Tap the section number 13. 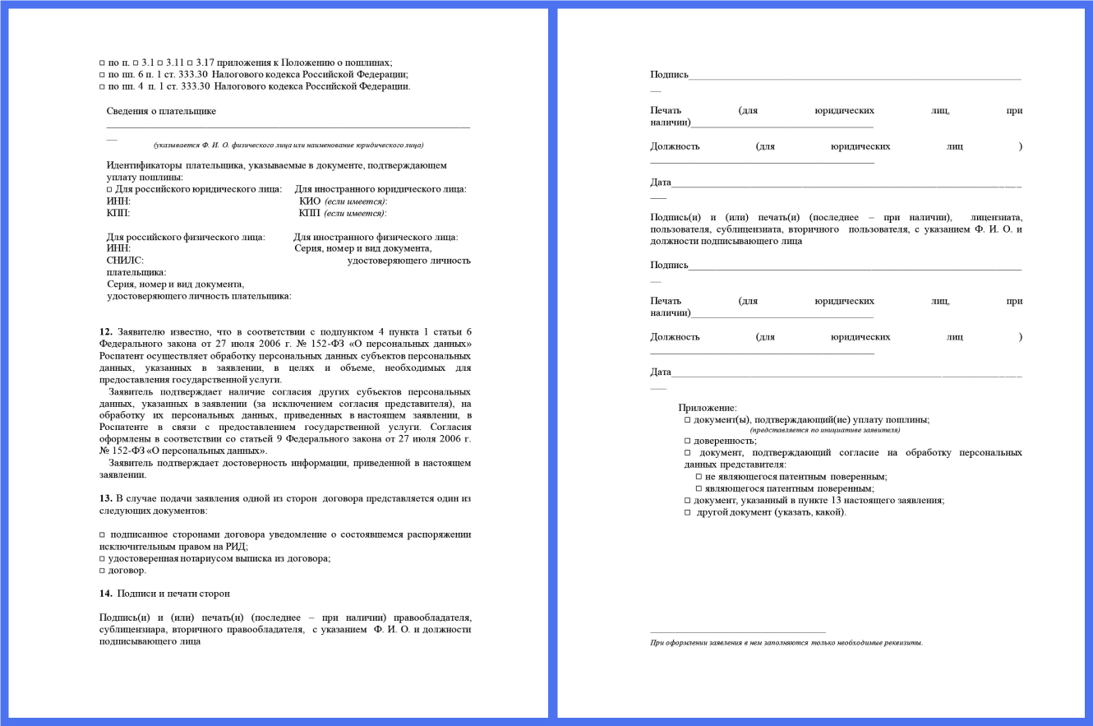(x=105, y=498)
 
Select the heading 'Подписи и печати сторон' (x=173, y=593)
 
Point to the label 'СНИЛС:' (x=125, y=260)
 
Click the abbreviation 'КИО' (x=309, y=201)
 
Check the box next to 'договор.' (x=102, y=571)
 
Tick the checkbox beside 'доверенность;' (x=687, y=441)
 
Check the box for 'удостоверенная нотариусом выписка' (x=102, y=559)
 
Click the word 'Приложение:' (x=707, y=408)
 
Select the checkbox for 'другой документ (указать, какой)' (x=687, y=512)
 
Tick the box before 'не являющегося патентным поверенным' (x=699, y=476)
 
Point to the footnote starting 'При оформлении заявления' (x=786, y=642)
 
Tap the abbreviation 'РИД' (x=236, y=546)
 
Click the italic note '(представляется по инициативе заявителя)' (x=824, y=430)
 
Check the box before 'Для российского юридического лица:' (x=109, y=190)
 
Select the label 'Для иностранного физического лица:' (x=376, y=238)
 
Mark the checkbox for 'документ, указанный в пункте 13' (x=687, y=500)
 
